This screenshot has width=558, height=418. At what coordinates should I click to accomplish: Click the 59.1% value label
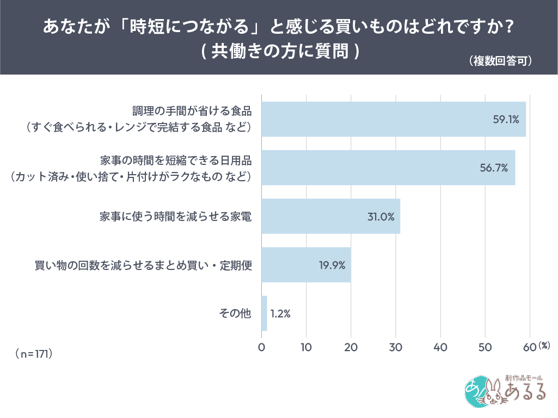click(x=507, y=120)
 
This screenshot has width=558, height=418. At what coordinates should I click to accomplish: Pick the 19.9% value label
click(x=332, y=265)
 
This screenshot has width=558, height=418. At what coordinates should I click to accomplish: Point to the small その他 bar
click(x=265, y=313)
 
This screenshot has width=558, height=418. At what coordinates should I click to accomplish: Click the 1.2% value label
click(x=280, y=313)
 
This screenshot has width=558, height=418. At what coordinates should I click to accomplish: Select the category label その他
click(x=235, y=313)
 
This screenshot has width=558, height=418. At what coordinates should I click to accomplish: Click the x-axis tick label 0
click(x=262, y=347)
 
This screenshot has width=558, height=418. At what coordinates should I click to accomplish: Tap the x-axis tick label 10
click(x=306, y=347)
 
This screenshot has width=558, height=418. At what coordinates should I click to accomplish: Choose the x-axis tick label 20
click(x=351, y=347)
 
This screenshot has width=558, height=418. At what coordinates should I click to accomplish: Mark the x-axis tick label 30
click(x=396, y=347)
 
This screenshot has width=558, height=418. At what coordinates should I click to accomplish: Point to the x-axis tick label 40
click(x=440, y=347)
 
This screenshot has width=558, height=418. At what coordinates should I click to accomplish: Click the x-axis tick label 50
click(x=485, y=347)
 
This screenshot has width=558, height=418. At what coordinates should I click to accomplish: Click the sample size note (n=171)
click(x=34, y=354)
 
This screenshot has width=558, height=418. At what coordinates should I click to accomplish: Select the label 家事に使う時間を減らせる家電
click(x=175, y=216)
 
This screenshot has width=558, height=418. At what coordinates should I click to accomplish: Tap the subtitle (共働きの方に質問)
click(x=279, y=51)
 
